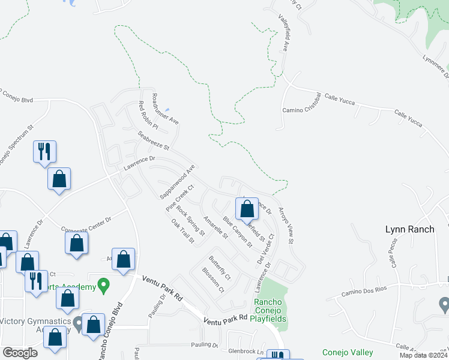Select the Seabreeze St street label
click(154, 141)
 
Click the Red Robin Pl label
click(148, 116)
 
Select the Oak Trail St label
click(183, 230)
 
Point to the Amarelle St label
click(215, 227)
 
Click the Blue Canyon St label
click(237, 232)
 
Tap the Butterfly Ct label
click(219, 268)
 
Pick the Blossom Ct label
click(213, 280)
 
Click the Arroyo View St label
click(286, 226)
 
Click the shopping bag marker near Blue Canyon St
click(247, 209)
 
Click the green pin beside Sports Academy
click(104, 284)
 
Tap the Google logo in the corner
click(20, 353)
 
